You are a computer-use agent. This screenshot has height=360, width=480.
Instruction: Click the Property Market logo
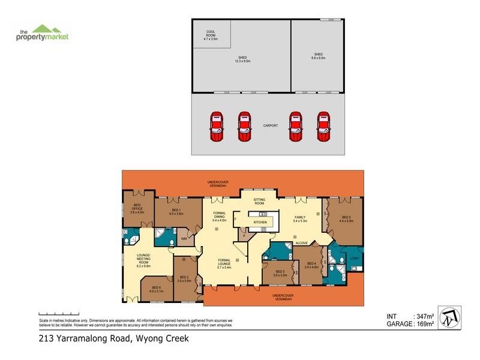[42, 33]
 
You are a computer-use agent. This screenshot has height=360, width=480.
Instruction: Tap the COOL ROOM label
[211, 34]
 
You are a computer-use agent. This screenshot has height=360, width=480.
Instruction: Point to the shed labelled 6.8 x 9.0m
[318, 56]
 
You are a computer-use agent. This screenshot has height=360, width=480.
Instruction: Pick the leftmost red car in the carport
[216, 127]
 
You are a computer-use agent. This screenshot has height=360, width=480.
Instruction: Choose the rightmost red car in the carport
[323, 127]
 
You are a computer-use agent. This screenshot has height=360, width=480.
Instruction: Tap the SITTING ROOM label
[259, 202]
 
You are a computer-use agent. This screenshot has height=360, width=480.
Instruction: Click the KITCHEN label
[259, 222]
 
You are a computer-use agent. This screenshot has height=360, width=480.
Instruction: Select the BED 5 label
[346, 218]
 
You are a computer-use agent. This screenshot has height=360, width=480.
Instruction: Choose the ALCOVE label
[301, 243]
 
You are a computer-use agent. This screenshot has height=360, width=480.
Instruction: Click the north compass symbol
[451, 318]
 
